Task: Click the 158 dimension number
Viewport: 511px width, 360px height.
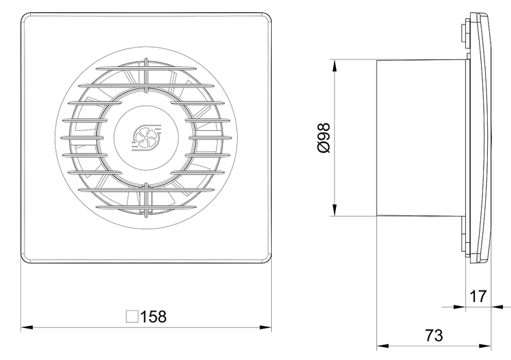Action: coord(153,316)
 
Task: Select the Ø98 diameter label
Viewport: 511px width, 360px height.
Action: coord(324,138)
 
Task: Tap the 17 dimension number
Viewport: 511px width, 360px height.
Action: coord(478,297)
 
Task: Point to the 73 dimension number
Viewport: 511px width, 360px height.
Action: coord(434,335)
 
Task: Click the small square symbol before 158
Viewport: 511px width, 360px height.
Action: coord(132,316)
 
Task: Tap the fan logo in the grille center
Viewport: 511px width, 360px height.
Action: coord(146,138)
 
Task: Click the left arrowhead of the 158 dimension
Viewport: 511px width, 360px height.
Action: coord(27,327)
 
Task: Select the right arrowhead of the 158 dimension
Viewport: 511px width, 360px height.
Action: coord(266,327)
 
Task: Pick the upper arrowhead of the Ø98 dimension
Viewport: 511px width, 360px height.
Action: coord(335,65)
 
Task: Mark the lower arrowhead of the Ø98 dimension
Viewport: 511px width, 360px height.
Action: coord(335,210)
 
